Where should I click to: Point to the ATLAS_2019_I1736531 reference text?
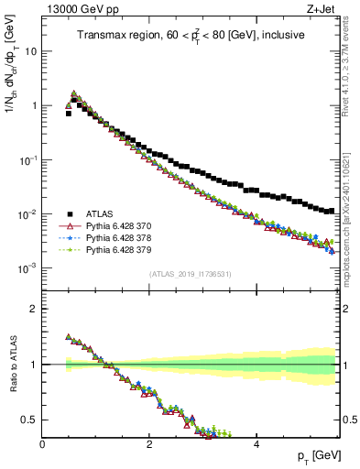point(190,275)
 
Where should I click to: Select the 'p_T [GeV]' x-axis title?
point(318,456)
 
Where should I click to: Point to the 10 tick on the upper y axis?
point(31,51)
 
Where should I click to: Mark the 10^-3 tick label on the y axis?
point(27,267)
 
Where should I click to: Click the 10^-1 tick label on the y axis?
point(27,159)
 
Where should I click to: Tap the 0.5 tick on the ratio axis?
point(29,420)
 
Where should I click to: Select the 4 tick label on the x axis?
point(256,443)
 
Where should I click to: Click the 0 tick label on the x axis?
point(43,443)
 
